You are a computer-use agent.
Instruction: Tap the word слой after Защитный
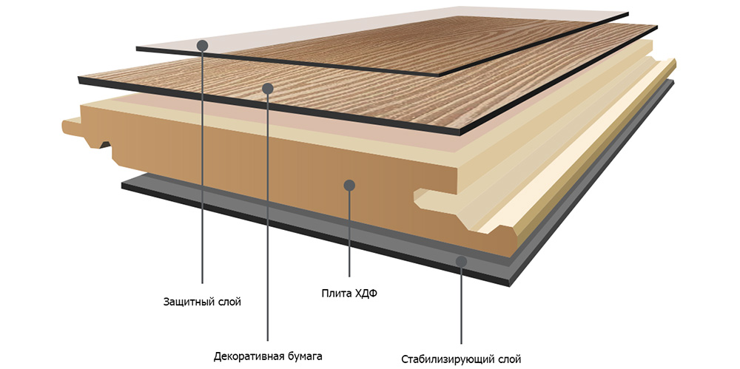click(231, 302)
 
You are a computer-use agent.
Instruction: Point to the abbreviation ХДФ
click(366, 294)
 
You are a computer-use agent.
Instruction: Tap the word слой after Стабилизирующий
click(509, 358)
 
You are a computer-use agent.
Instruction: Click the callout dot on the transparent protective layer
click(203, 46)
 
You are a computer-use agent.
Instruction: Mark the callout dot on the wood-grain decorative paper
click(268, 88)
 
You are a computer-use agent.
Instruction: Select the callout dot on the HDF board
click(349, 185)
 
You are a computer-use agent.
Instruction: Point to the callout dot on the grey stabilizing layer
click(462, 262)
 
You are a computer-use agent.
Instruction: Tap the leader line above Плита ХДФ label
click(349, 234)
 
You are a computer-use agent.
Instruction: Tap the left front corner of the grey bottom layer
click(122, 185)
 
